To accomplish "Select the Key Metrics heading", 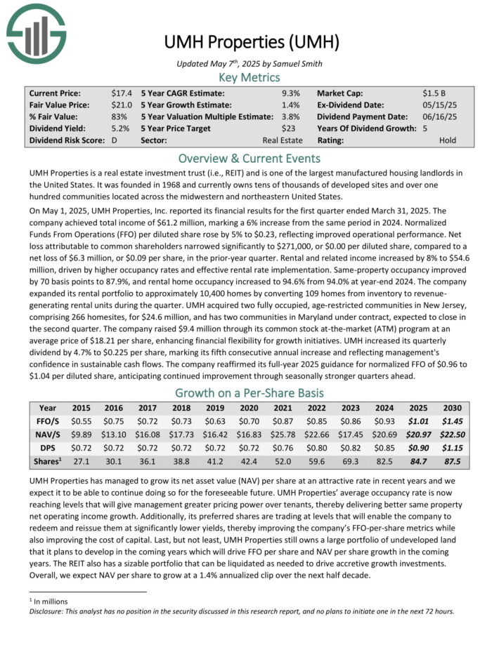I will click(x=249, y=77).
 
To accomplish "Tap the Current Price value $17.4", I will click(x=121, y=93).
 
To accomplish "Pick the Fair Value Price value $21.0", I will click(x=121, y=105).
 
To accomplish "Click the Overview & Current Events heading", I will click(x=249, y=158).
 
